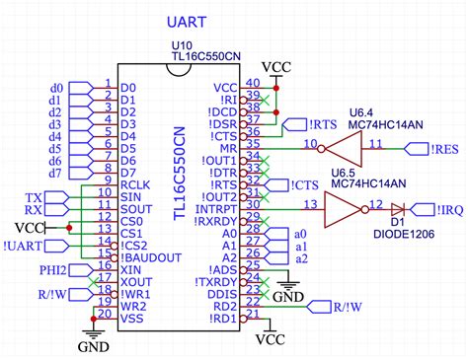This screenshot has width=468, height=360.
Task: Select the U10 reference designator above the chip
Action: (x=181, y=45)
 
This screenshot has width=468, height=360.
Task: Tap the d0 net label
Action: (x=56, y=87)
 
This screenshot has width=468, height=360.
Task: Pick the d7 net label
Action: (x=56, y=174)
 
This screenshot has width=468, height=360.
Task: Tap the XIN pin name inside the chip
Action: (x=130, y=269)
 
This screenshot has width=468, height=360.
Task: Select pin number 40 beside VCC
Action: (x=253, y=84)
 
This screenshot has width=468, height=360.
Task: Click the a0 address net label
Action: (x=301, y=232)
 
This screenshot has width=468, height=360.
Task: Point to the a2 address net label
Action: (x=301, y=258)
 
